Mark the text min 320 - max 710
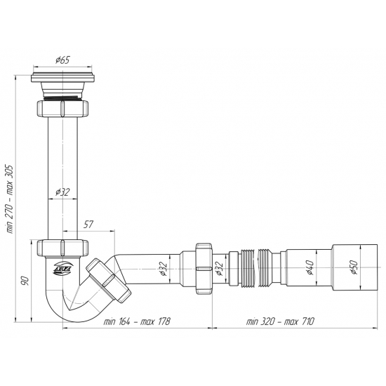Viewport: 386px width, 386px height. pyautogui.click(x=280, y=321)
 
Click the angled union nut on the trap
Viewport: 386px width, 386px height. pyautogui.click(x=106, y=279)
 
